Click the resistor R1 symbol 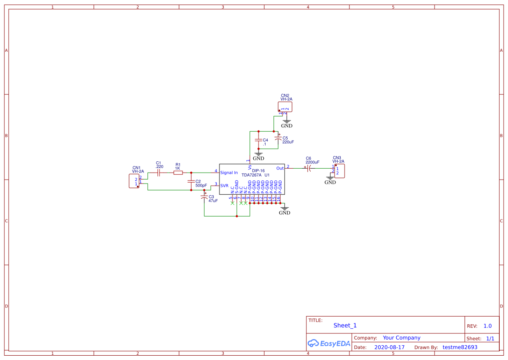[178, 173]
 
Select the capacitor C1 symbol [159, 173]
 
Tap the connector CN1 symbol [134, 181]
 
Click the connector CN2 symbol [285, 107]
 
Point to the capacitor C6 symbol [309, 168]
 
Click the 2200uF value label [312, 162]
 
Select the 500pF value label [201, 186]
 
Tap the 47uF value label [213, 201]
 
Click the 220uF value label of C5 [288, 142]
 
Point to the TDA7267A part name [252, 175]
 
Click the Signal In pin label [229, 173]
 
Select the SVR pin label [224, 186]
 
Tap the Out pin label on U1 [280, 168]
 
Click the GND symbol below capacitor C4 [259, 156]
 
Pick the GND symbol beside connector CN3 [330, 180]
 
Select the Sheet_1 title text [345, 325]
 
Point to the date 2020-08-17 [389, 347]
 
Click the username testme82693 [460, 347]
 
